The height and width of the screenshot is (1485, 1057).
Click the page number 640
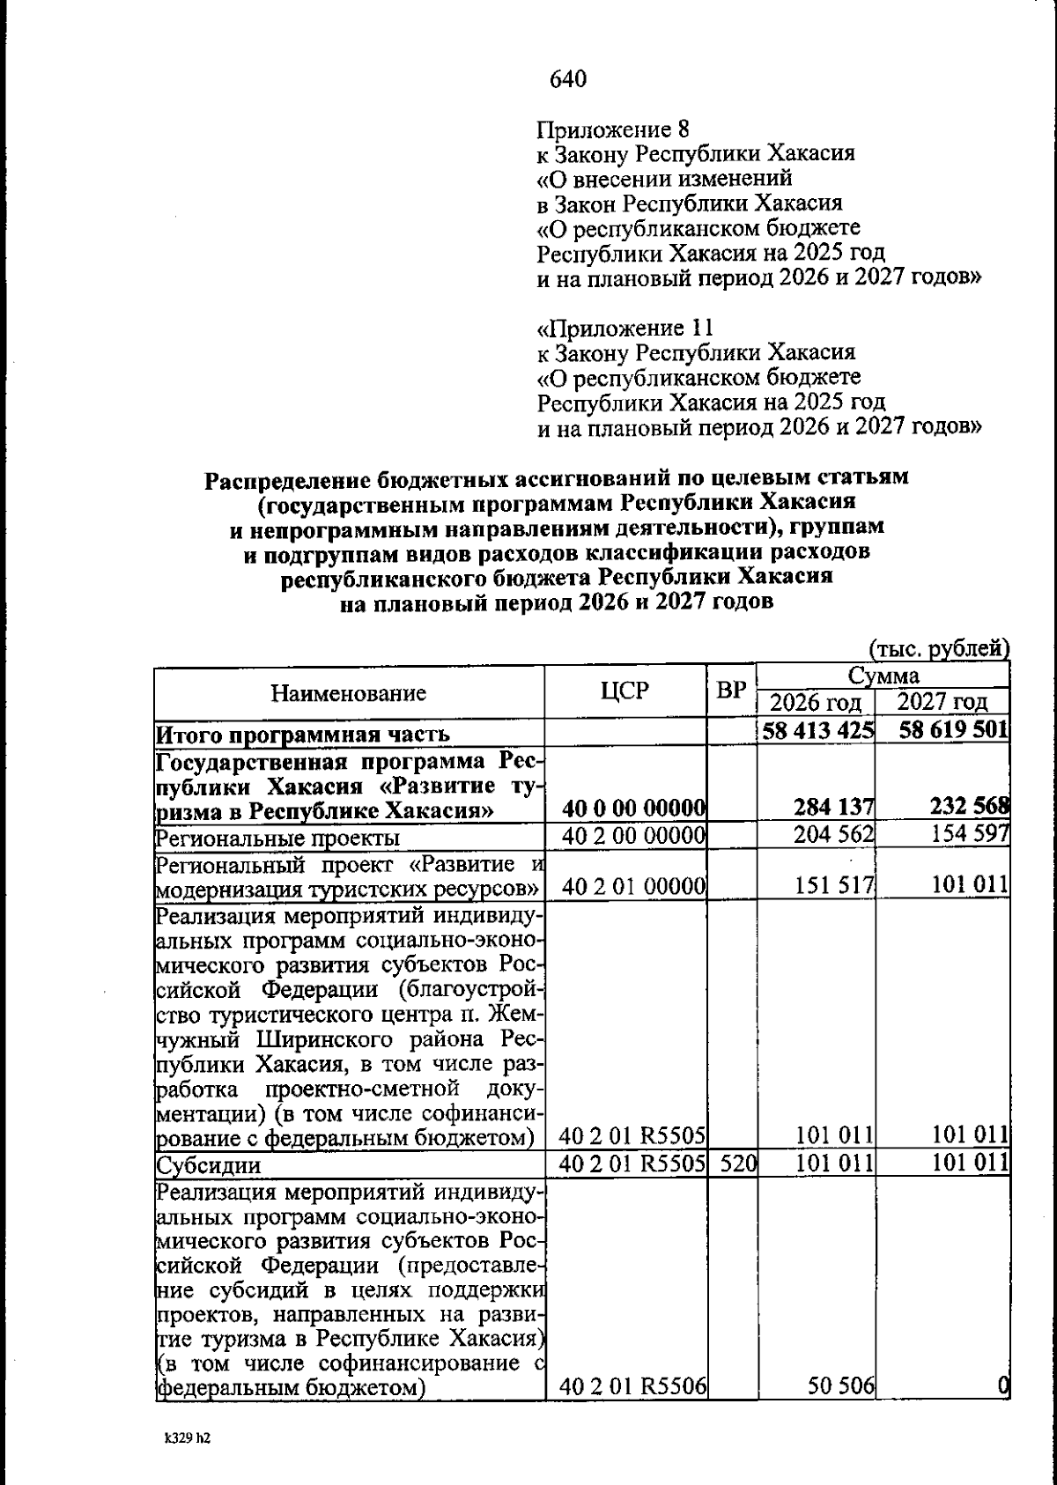point(568,79)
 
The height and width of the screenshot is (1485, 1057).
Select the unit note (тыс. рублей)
point(939,649)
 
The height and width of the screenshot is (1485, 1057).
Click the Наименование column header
point(348,693)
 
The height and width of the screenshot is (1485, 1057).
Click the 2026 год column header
point(815,703)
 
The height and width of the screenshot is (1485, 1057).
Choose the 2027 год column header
point(943,703)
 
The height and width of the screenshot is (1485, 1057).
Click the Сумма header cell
point(883,676)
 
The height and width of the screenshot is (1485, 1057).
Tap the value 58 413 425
point(818,731)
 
